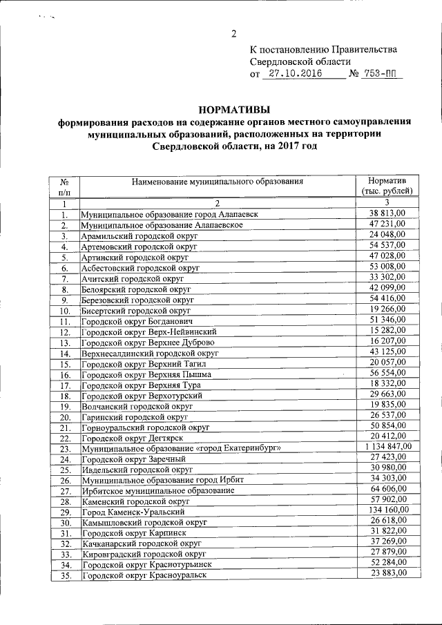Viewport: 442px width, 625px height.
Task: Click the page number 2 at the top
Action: coord(234,35)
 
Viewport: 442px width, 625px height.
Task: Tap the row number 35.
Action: coord(66,576)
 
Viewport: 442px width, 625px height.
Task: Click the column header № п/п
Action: coord(65,185)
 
